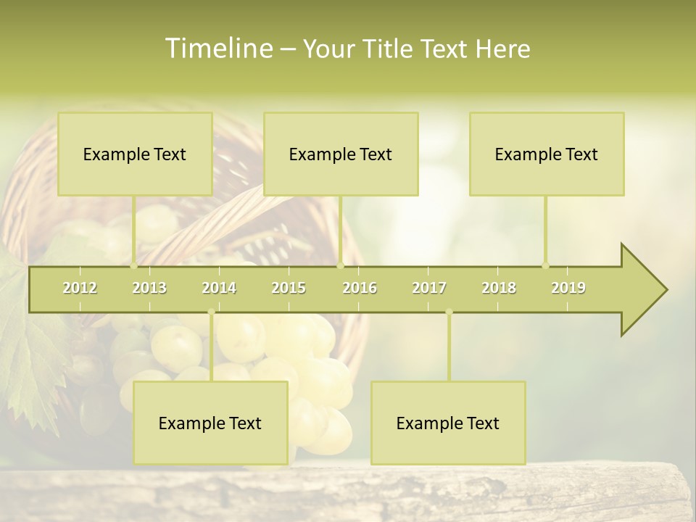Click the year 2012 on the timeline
[80, 288]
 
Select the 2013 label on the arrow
[149, 288]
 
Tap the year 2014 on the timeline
[219, 288]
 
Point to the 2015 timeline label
[289, 288]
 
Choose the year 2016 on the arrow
[360, 288]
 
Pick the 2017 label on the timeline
[429, 288]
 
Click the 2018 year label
[499, 288]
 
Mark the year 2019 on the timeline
[568, 288]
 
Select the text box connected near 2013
[135, 154]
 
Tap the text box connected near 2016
[341, 154]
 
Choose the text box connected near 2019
[547, 154]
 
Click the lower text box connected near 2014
[210, 423]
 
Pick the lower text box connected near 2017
[448, 423]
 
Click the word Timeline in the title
[217, 49]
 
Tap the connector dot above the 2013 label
[133, 265]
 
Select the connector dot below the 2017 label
[449, 312]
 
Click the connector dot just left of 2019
[545, 265]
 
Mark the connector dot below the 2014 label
[211, 312]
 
